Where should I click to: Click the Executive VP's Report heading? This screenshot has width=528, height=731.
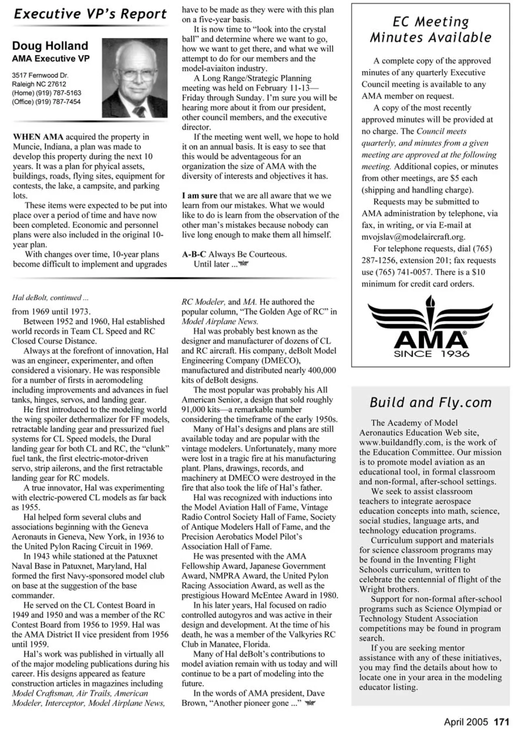pos(90,14)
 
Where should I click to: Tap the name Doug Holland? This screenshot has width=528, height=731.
pos(50,46)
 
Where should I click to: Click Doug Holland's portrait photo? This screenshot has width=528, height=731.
pos(134,78)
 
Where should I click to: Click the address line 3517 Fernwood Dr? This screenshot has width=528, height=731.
pos(40,76)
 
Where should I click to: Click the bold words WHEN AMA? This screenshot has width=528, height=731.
pos(38,137)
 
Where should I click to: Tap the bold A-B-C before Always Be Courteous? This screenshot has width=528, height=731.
pos(194,255)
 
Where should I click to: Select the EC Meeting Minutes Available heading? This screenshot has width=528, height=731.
pos(431,30)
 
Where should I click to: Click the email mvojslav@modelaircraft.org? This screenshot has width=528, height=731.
pos(413,237)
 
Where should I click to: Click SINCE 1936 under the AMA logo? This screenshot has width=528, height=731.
pos(431,354)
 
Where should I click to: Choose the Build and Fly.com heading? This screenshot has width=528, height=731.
pos(431,402)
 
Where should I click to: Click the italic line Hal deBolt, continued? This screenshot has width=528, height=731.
pos(50,298)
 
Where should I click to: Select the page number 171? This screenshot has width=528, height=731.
pos(502,722)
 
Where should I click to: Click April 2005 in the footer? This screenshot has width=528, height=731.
pos(466,722)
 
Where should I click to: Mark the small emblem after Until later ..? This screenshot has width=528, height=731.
pos(244,264)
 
